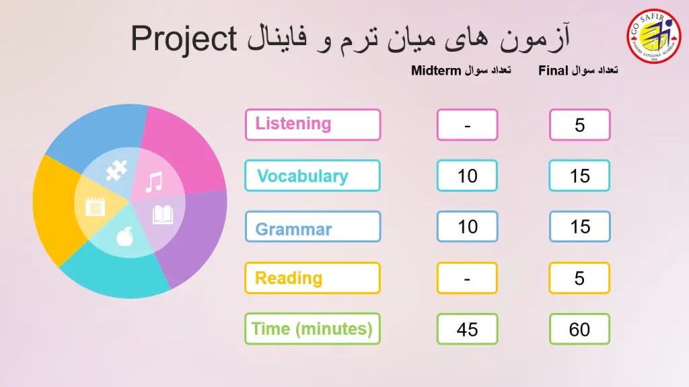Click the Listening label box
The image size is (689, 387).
313,125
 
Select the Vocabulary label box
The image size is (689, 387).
312,176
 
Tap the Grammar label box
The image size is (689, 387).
313,227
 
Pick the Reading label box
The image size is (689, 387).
312,278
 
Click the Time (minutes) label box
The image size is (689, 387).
312,328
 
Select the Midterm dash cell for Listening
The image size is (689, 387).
467,125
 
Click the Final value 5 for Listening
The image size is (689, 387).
579,125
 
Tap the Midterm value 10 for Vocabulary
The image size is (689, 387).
467,176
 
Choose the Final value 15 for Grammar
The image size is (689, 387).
579,227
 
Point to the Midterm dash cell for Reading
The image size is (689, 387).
467,278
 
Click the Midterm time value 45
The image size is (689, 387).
467,329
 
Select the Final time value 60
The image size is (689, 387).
579,329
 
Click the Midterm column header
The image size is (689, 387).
461,71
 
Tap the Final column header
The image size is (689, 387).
578,71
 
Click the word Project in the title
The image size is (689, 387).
184,40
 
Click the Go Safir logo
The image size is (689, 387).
653,36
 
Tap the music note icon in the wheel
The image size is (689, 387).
155,182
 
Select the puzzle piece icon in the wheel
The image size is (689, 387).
116,170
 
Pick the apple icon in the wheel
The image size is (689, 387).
124,237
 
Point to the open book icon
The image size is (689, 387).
163,215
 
